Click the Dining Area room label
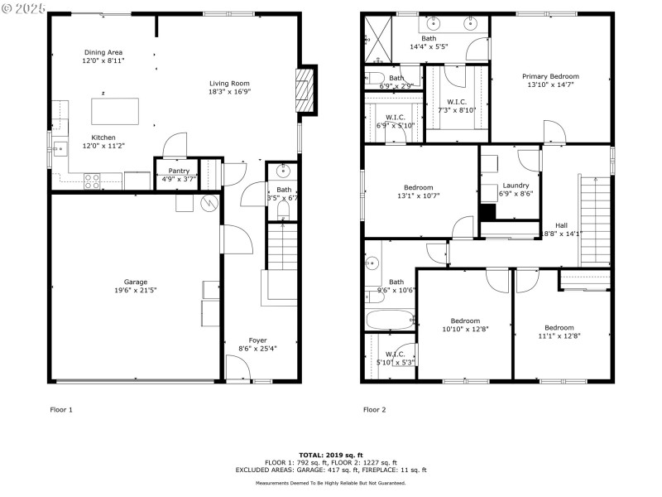click(103, 52)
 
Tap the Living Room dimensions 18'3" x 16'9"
click(229, 92)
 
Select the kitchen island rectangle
click(114, 110)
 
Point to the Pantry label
click(179, 171)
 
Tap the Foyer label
click(257, 340)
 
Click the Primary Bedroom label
click(553, 75)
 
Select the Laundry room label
click(516, 186)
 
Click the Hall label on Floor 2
click(561, 224)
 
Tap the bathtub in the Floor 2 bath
click(390, 319)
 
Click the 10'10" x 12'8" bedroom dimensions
click(465, 330)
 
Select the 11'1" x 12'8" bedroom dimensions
click(559, 335)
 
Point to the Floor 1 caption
click(61, 409)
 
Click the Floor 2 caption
click(374, 409)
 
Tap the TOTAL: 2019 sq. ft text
click(330, 455)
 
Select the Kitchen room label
click(103, 138)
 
